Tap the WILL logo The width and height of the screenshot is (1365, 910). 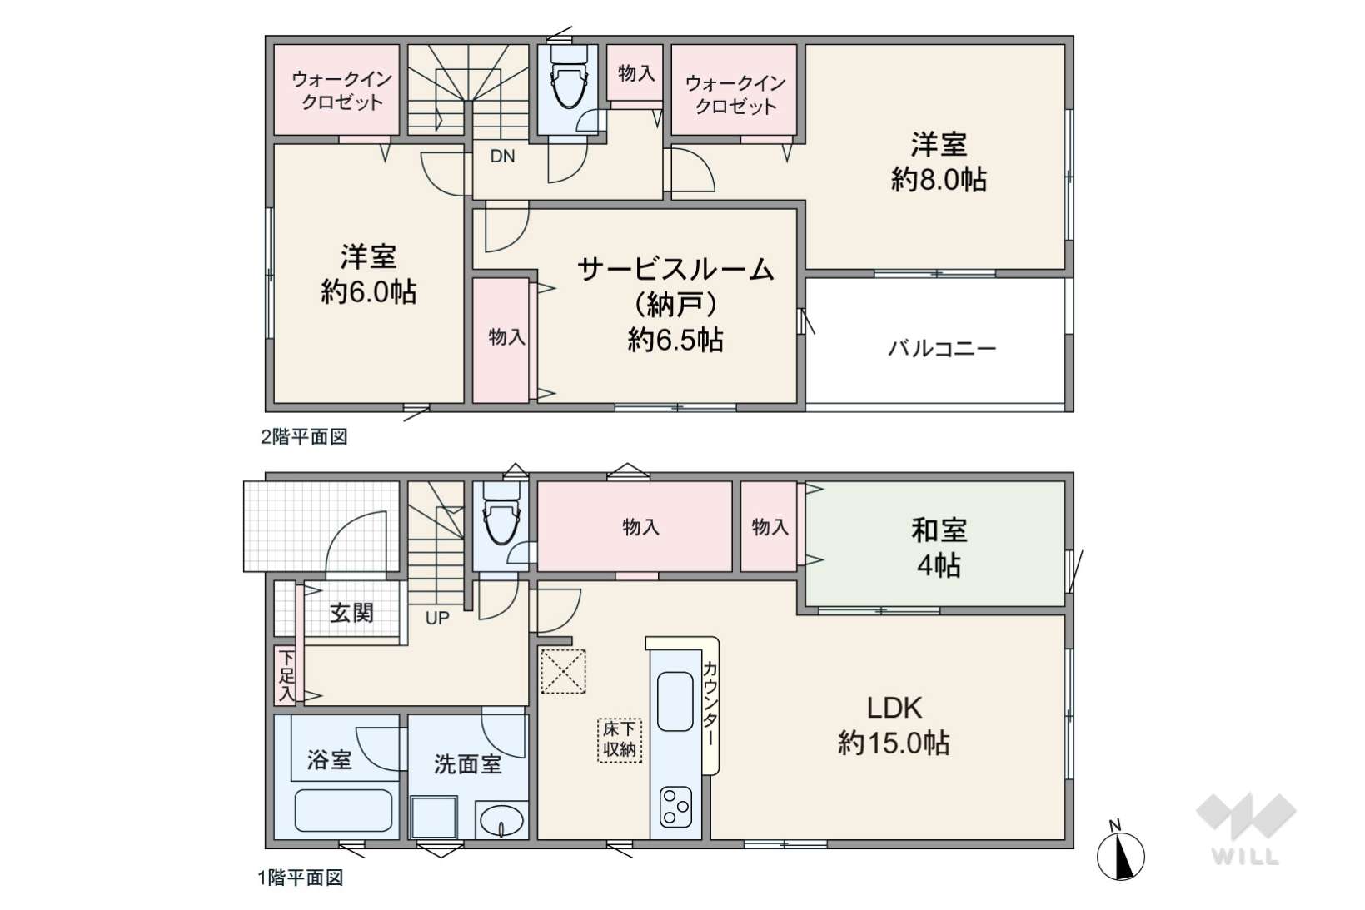1246,829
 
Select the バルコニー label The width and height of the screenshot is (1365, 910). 941,349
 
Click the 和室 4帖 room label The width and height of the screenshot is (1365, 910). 939,548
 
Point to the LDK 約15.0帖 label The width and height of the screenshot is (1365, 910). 894,725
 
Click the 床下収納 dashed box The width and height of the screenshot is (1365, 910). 619,740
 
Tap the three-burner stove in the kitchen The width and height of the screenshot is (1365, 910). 675,807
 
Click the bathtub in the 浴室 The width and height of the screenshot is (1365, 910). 343,811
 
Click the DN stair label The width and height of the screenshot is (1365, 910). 502,157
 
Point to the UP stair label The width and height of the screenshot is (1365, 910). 437,619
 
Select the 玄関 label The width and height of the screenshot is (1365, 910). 351,614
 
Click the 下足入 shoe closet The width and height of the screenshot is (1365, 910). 285,675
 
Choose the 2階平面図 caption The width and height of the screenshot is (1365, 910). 304,437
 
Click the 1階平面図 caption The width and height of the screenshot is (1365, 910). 301,878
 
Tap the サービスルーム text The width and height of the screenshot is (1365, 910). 675,269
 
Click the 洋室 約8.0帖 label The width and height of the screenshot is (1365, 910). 939,162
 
